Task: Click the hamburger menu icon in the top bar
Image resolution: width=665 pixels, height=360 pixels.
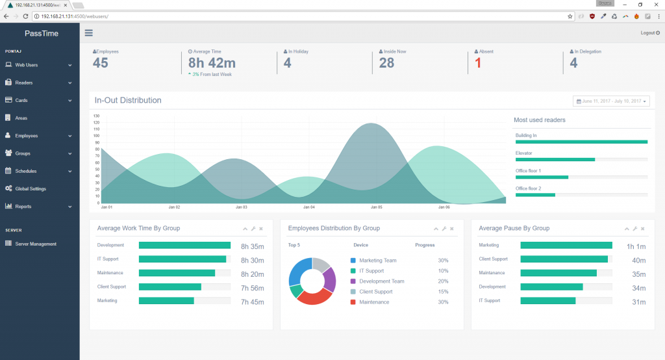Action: coord(88,33)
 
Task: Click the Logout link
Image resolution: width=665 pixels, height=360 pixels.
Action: coord(649,32)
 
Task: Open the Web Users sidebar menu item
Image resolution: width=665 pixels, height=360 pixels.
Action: coord(27,65)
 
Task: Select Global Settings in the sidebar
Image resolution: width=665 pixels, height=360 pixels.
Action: coord(31,188)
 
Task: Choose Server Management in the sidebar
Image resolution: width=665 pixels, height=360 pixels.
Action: coord(36,244)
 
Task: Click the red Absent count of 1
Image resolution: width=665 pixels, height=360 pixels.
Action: coord(478,63)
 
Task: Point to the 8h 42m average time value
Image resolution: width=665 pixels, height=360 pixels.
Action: coord(212,63)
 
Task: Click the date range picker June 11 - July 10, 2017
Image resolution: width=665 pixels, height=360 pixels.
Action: coord(611,101)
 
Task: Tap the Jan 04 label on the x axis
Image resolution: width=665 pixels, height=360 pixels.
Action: coord(308,207)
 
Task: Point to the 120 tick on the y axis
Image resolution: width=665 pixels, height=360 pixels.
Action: coord(97,122)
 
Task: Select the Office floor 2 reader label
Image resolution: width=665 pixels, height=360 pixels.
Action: coord(528,188)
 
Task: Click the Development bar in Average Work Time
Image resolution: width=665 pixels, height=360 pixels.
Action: coord(184,246)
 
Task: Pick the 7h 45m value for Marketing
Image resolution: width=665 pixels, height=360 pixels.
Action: coord(252,302)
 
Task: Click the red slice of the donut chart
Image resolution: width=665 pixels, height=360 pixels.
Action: coord(310,296)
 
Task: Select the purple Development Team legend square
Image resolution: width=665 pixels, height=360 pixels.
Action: coord(353,281)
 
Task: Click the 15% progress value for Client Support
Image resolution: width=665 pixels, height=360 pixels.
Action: coord(443,292)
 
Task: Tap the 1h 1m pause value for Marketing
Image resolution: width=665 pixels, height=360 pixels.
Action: coord(636,246)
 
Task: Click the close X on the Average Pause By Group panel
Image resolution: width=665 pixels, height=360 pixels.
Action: coord(643,229)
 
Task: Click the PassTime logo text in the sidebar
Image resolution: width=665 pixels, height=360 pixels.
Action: coord(42,33)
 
